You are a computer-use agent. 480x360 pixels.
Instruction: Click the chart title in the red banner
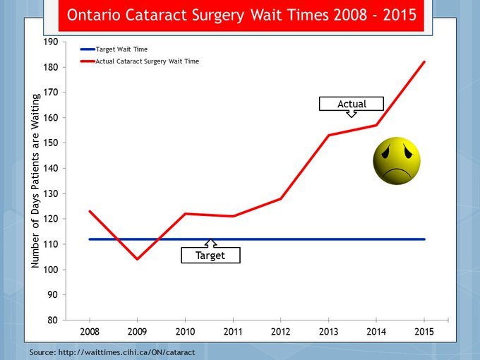[x=241, y=15]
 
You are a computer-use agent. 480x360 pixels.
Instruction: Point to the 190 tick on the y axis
[x=49, y=42]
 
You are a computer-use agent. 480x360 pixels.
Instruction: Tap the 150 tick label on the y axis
[x=49, y=143]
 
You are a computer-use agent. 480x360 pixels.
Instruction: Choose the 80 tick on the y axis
[x=52, y=320]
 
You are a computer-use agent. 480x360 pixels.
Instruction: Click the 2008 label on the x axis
[x=90, y=330]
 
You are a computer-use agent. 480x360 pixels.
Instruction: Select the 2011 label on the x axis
[x=233, y=330]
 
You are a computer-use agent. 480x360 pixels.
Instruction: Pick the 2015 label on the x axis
[x=424, y=330]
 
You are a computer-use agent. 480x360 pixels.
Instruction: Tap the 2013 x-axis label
[x=329, y=330]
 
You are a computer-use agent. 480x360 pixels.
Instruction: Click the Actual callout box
[x=352, y=104]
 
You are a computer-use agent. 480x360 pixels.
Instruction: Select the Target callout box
[x=210, y=255]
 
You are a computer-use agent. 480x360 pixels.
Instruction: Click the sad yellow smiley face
[x=397, y=161]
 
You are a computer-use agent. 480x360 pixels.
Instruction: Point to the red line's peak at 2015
[x=424, y=61]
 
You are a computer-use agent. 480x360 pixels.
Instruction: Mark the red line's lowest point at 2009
[x=137, y=259]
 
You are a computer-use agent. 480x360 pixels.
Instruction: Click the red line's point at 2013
[x=329, y=135]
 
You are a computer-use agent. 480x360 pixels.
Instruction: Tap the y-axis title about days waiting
[x=35, y=181]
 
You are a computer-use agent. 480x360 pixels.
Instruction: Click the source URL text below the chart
[x=112, y=350]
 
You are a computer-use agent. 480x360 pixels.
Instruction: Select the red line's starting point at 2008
[x=90, y=211]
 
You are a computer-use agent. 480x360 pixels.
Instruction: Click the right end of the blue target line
[x=424, y=239]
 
